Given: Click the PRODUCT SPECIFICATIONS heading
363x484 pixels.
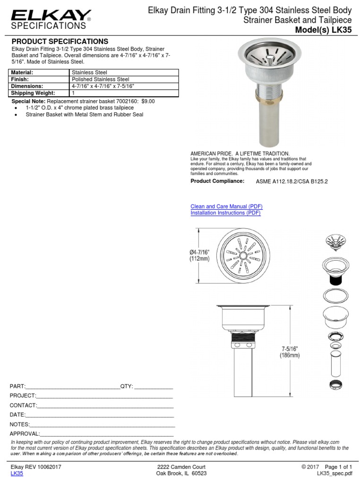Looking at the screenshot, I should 60,42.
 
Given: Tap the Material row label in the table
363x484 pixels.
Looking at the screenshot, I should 22,72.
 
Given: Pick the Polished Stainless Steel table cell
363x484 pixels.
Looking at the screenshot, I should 100,79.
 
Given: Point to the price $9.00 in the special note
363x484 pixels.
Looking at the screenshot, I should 148,101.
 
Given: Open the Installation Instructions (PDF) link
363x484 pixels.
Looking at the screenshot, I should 225,213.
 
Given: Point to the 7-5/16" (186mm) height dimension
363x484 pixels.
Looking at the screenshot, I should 289,352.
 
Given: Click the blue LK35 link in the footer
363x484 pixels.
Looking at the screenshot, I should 17,473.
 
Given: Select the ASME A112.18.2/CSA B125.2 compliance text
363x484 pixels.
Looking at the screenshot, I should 292,181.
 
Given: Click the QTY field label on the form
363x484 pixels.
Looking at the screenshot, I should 127,386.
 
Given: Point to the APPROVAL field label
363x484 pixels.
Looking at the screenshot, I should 25,433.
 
